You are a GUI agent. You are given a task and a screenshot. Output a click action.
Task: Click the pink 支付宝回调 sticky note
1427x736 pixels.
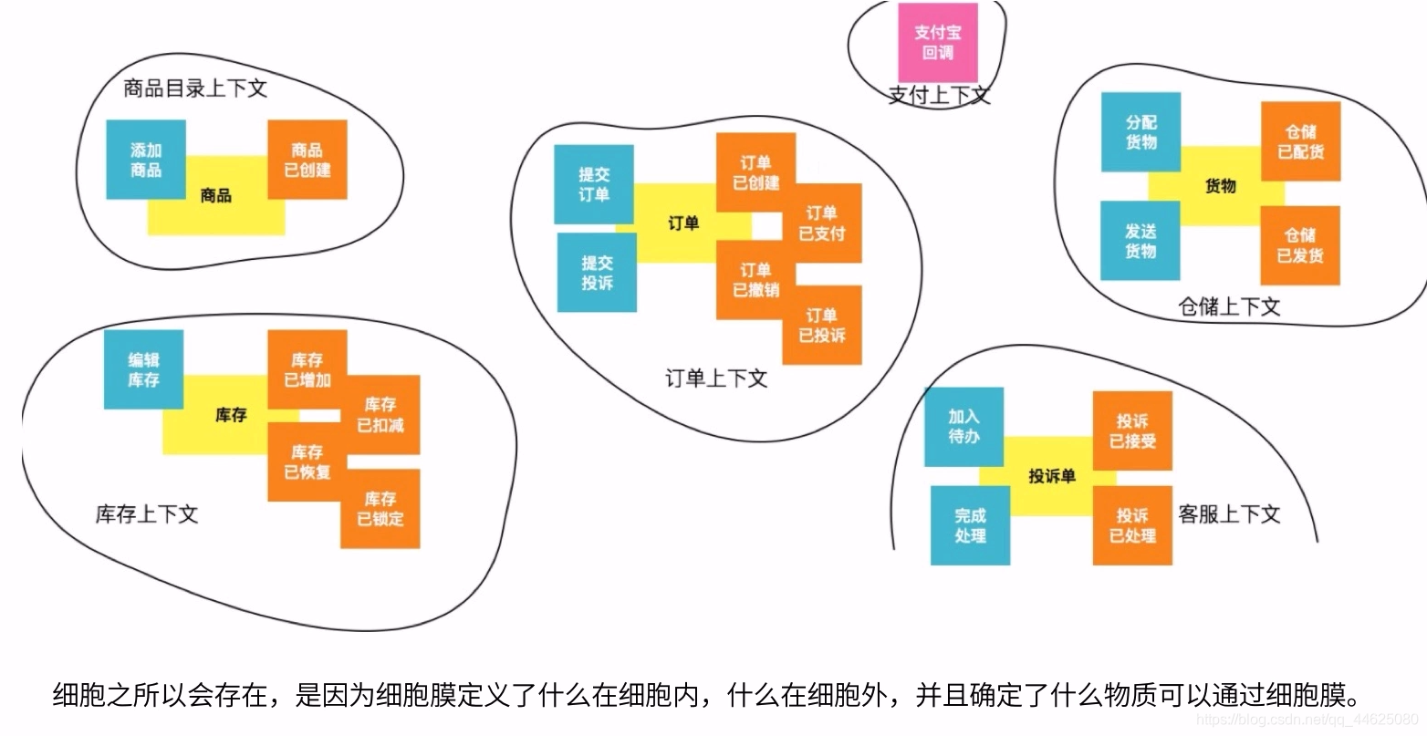937,43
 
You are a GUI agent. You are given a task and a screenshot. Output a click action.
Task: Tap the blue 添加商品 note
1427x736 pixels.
146,160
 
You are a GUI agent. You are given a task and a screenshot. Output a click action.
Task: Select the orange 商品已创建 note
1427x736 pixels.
307,160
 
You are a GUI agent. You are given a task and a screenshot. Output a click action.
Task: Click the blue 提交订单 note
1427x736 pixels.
594,184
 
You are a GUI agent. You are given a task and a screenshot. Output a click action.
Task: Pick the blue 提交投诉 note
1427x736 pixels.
598,273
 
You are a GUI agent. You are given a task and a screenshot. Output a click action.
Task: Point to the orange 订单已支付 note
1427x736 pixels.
822,223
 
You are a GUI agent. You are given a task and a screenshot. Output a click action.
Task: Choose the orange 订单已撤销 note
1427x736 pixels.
755,280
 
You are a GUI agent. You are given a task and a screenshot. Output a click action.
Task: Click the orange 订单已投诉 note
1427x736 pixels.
822,325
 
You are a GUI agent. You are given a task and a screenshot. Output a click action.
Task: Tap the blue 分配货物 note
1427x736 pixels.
1141,132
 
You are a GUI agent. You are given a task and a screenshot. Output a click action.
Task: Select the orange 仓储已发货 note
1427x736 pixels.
1300,245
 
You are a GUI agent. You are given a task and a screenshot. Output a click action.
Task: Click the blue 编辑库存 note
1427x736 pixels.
143,369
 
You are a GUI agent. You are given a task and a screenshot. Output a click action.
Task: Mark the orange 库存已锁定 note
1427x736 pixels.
380,509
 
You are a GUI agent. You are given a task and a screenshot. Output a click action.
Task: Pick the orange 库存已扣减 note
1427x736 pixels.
380,414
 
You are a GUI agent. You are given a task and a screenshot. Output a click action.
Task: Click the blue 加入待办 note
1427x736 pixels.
963,427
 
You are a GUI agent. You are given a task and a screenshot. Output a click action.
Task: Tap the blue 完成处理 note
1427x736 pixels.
970,525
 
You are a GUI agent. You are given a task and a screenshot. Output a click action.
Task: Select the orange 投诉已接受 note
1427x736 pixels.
1132,431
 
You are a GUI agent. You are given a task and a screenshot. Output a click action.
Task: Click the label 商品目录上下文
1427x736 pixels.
195,88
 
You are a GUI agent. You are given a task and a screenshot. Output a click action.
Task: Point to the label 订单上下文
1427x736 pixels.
716,378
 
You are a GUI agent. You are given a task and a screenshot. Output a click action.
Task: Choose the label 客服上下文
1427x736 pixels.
1229,514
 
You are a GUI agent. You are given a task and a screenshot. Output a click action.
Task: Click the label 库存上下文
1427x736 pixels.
147,514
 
